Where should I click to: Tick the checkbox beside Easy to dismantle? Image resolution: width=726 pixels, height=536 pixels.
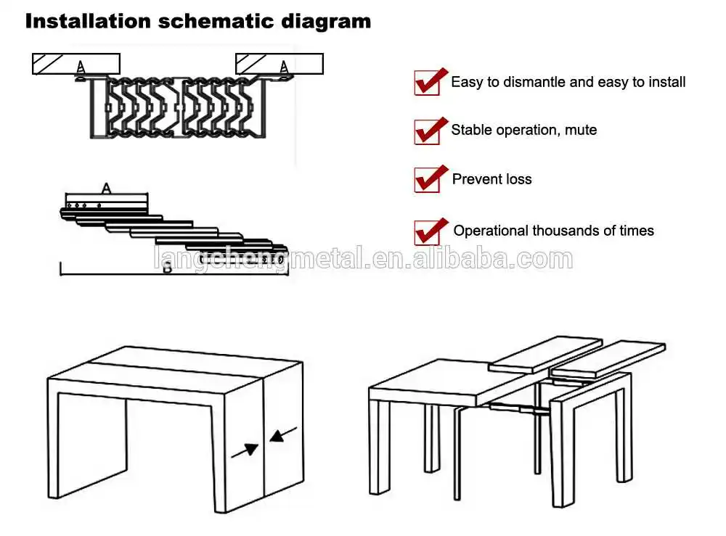pyautogui.click(x=426, y=83)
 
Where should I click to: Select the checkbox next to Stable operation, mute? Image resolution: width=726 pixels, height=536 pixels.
pyautogui.click(x=426, y=131)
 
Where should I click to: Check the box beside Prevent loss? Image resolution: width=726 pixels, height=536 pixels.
pyautogui.click(x=426, y=179)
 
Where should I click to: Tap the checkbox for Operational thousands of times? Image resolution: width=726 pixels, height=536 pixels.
pyautogui.click(x=426, y=231)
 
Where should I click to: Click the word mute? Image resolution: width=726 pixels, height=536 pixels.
pyautogui.click(x=580, y=131)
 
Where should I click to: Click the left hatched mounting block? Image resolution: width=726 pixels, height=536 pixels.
pyautogui.click(x=76, y=64)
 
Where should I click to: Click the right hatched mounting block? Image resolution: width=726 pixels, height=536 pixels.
pyautogui.click(x=280, y=64)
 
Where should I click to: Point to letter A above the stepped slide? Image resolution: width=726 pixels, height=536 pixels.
pyautogui.click(x=106, y=189)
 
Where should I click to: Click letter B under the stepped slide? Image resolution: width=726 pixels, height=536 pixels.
pyautogui.click(x=166, y=268)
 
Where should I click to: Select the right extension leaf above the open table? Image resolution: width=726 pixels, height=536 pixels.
pyautogui.click(x=608, y=359)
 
